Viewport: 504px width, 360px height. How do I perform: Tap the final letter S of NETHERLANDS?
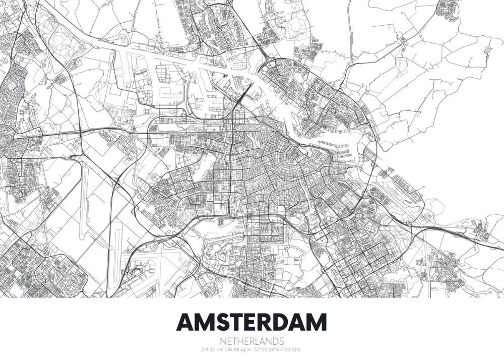281,341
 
